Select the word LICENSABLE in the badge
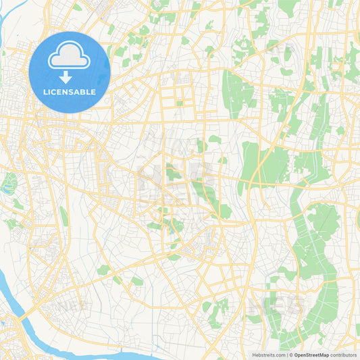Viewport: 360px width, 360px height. coord(70,92)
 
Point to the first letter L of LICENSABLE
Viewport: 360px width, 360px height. coord(45,92)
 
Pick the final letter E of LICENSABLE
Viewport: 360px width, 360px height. coord(93,92)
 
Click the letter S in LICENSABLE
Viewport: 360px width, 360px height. coord(72,92)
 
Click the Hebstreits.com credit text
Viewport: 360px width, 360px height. coord(269,355)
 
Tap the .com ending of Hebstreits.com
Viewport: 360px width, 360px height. coord(280,355)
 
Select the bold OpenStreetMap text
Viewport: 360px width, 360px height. coord(311,355)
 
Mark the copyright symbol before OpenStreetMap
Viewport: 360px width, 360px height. coord(291,355)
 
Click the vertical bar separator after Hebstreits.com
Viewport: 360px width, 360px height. coord(287,355)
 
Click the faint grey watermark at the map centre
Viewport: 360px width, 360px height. coord(177,177)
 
